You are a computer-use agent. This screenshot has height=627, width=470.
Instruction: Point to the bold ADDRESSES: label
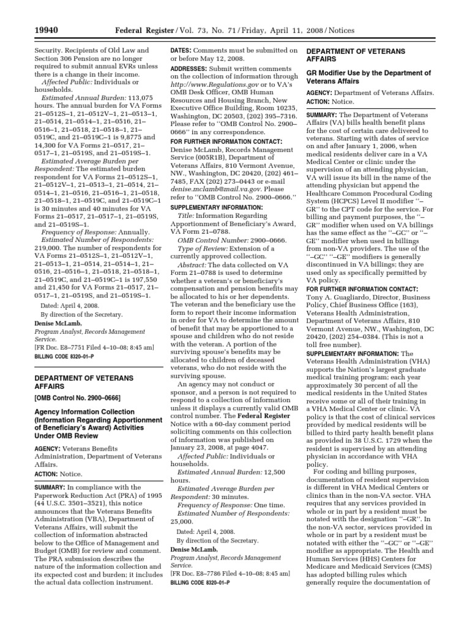(x=191, y=69)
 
